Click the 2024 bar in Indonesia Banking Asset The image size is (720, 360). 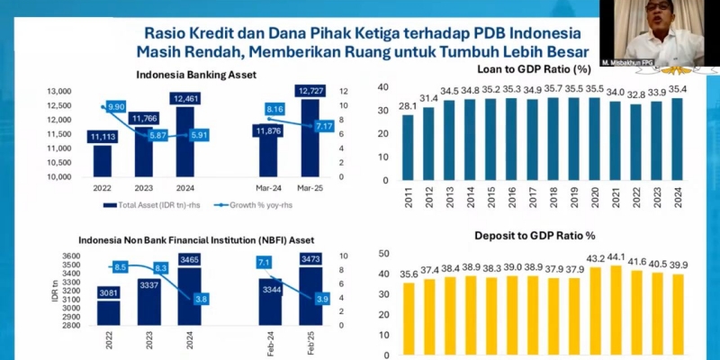pos(184,144)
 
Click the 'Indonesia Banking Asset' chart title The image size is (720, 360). pos(184,75)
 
